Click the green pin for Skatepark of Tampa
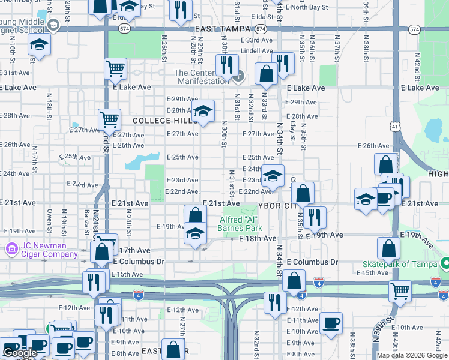(x=445, y=264)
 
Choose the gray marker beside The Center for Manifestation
(x=240, y=76)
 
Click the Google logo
(x=20, y=353)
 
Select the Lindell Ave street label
(x=256, y=51)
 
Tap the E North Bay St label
(x=307, y=7)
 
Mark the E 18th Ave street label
(x=257, y=239)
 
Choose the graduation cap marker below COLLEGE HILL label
(x=203, y=110)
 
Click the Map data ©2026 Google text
(x=412, y=355)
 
